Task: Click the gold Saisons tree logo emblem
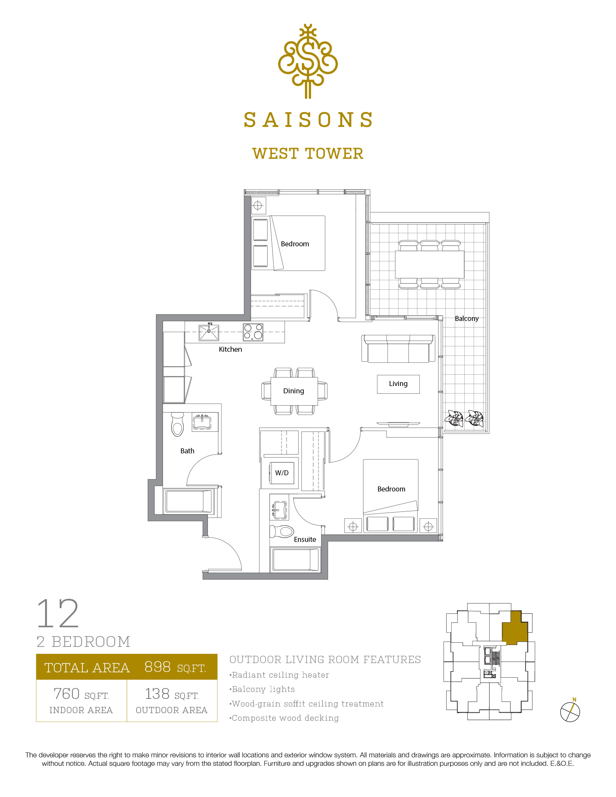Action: tap(308, 62)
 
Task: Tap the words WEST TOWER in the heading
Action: tap(308, 154)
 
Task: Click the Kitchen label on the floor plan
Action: tap(230, 349)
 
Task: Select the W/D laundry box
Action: tap(282, 473)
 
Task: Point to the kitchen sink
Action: tap(209, 333)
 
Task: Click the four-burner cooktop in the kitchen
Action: tap(253, 332)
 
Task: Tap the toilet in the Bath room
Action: tap(177, 424)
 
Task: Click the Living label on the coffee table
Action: tap(398, 384)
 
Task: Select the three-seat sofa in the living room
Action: tap(398, 349)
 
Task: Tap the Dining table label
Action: tap(294, 391)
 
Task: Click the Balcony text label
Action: tap(467, 319)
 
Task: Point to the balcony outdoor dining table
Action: tap(430, 265)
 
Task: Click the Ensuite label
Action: tap(305, 540)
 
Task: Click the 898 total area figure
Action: tap(157, 667)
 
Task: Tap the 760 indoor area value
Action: tap(67, 694)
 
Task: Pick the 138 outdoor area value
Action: tap(157, 694)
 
